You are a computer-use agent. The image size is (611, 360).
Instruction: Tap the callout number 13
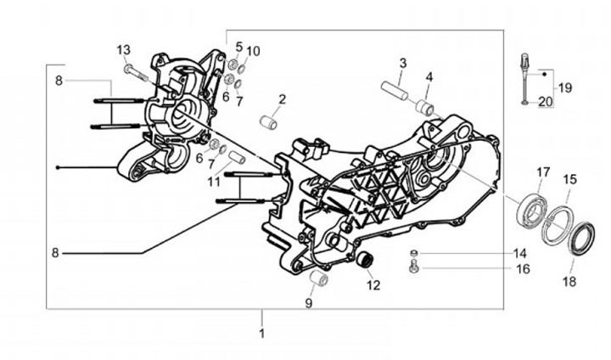pyautogui.click(x=124, y=49)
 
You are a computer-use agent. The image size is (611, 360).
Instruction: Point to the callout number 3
pyautogui.click(x=403, y=63)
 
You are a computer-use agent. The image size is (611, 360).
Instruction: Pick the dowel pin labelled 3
pyautogui.click(x=395, y=87)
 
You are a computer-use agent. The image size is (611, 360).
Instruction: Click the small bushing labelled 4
pyautogui.click(x=425, y=107)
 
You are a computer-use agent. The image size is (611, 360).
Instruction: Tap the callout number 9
pyautogui.click(x=309, y=302)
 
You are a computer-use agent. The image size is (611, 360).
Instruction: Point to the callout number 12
pyautogui.click(x=373, y=285)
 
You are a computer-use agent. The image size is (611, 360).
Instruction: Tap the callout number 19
pyautogui.click(x=564, y=87)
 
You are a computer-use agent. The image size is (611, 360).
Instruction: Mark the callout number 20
pyautogui.click(x=546, y=101)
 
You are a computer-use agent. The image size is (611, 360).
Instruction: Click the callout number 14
pyautogui.click(x=520, y=253)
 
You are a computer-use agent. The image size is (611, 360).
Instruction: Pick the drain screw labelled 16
pyautogui.click(x=414, y=267)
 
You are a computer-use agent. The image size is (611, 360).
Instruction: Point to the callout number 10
pyautogui.click(x=253, y=51)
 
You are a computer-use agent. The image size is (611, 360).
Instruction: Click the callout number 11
pyautogui.click(x=214, y=181)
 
